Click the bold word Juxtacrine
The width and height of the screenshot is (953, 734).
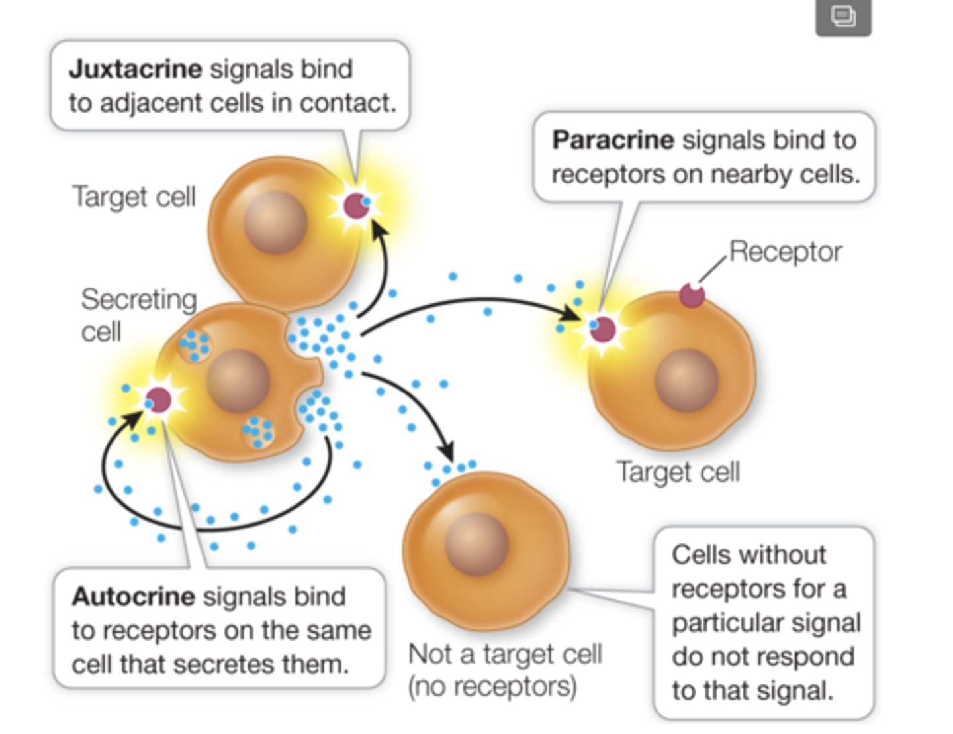coord(135,69)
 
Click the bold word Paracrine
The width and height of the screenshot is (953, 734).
coord(612,140)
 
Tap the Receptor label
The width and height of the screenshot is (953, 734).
coord(785,252)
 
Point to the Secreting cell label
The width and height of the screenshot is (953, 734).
coord(138,315)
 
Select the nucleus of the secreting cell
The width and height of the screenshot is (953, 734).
coord(238,382)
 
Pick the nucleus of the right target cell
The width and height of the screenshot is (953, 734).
coord(686,381)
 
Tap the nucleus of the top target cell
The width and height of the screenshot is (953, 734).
coord(275,223)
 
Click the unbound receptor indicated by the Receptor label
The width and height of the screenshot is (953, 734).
coord(692,295)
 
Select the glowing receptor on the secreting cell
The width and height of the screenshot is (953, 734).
coord(158,400)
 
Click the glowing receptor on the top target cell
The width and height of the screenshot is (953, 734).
coord(356,206)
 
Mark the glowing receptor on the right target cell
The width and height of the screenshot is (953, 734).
coord(602,329)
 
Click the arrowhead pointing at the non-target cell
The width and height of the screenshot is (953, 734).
coord(447,452)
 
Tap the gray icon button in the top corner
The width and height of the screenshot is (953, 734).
coord(843,17)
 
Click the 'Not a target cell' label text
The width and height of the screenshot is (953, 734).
coord(505,655)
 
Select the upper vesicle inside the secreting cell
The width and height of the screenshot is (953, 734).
coord(194,345)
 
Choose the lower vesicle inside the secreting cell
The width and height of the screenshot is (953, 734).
coord(258,432)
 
